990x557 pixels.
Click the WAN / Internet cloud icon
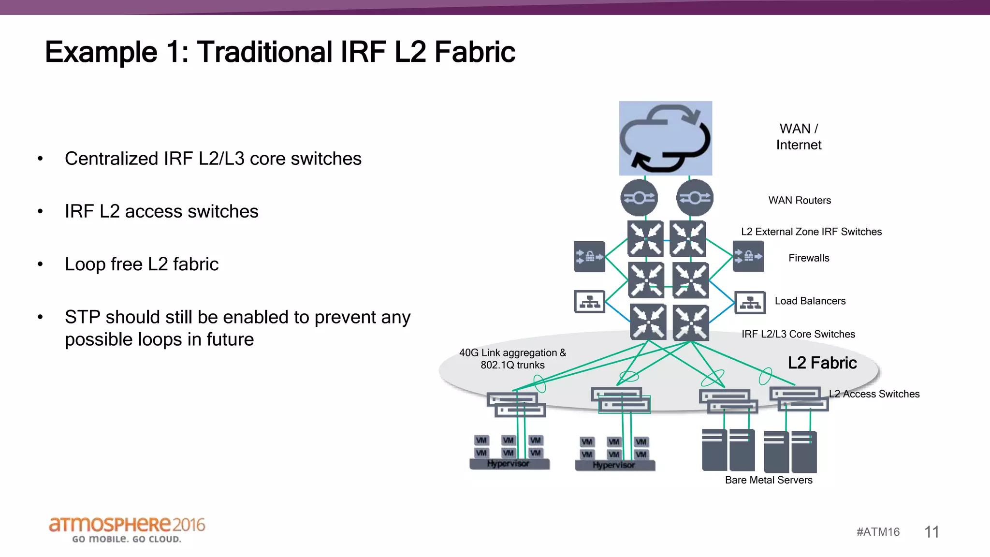coord(665,138)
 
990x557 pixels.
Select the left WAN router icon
coord(639,198)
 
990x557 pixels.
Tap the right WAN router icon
coord(695,198)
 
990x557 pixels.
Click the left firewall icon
coord(589,257)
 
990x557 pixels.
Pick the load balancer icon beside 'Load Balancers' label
coord(750,303)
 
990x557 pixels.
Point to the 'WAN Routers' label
coord(800,201)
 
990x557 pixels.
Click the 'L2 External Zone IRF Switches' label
coord(811,232)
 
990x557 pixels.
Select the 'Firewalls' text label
coord(809,258)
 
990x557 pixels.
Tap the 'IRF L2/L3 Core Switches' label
coord(798,334)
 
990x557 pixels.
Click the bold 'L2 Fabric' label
coord(822,363)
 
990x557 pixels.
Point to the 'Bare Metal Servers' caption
coord(769,480)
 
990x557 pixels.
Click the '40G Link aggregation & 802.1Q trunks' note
coord(512,359)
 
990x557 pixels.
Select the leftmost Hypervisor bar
coord(509,464)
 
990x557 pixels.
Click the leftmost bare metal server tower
coord(714,450)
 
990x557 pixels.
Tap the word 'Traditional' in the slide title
coord(264,52)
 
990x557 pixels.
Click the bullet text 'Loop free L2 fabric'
coord(142,264)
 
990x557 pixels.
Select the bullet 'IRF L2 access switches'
coord(161,212)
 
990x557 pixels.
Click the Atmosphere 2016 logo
coord(127,529)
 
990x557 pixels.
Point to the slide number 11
coord(932,532)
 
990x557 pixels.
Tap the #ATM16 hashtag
coord(878,532)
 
